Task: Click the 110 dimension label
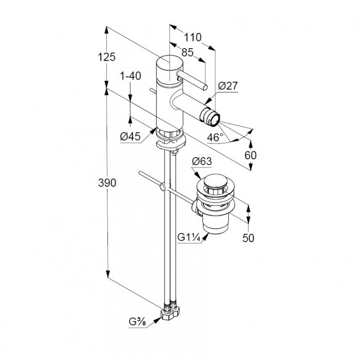click(193, 37)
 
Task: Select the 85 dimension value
click(188, 52)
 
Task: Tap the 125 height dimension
click(107, 57)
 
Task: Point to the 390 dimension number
click(107, 183)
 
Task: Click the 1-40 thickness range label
click(130, 76)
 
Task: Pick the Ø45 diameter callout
click(130, 137)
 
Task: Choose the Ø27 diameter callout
click(228, 86)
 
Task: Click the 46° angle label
click(215, 137)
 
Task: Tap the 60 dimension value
click(251, 155)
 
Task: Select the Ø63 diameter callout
click(202, 162)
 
